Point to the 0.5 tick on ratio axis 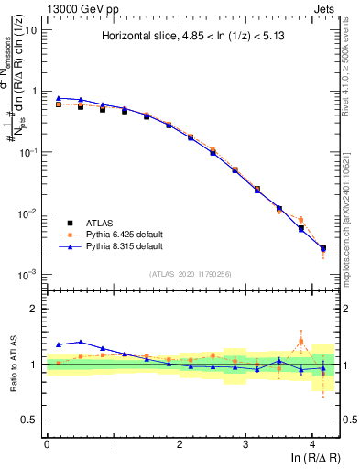[29, 420]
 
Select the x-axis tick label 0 [47, 442]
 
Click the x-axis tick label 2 [180, 442]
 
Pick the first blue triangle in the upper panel [59, 98]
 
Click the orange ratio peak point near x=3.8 [300, 342]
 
